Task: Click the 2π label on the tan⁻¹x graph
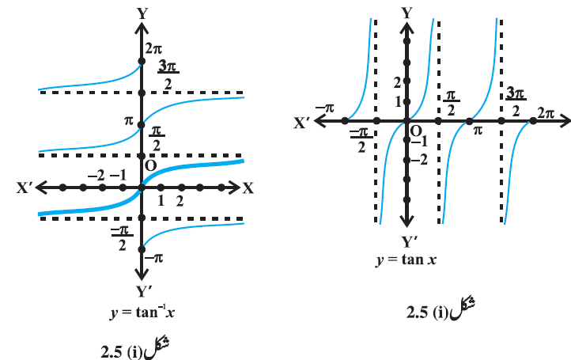(x=153, y=48)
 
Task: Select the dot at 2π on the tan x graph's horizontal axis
(x=533, y=121)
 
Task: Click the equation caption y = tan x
(x=406, y=260)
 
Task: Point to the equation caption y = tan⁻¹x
(x=142, y=313)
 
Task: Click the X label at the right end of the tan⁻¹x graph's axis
(x=248, y=188)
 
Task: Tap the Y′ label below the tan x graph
(x=410, y=242)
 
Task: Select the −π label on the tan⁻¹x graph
(x=154, y=259)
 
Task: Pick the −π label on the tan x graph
(x=325, y=108)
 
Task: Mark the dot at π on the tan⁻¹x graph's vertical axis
(x=142, y=125)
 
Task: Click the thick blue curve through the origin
(x=142, y=188)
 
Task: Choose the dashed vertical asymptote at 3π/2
(x=501, y=121)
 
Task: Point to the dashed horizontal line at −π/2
(x=142, y=218)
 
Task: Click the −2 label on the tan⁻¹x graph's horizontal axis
(x=96, y=176)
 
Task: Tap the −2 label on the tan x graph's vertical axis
(x=419, y=160)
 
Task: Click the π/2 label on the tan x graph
(x=452, y=103)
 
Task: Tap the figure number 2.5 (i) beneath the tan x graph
(x=427, y=313)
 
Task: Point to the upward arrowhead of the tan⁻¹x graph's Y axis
(x=142, y=29)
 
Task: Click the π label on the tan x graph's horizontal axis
(x=478, y=130)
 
